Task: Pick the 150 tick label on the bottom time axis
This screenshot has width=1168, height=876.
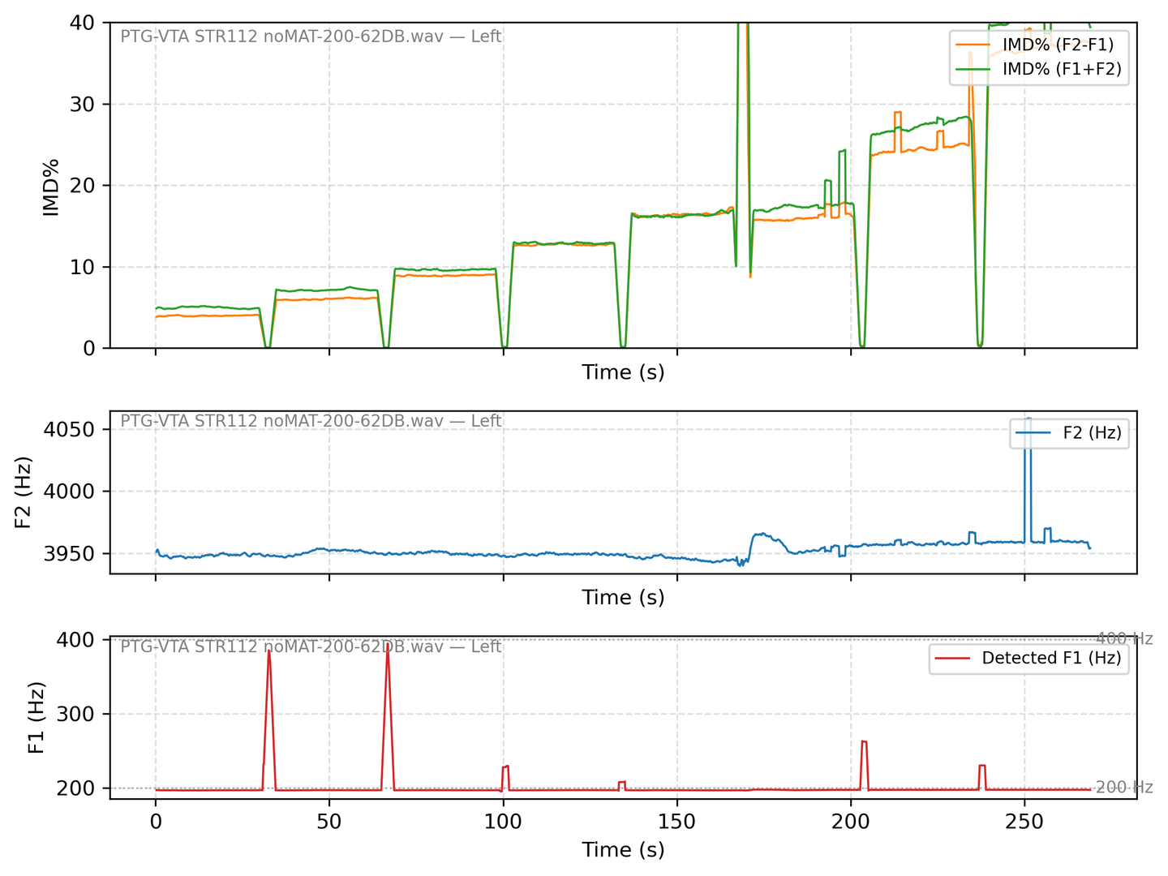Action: click(676, 821)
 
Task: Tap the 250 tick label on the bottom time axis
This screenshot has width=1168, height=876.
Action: click(1024, 821)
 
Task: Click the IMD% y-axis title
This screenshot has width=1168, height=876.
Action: click(51, 187)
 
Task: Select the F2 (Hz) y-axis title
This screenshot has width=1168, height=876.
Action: click(24, 493)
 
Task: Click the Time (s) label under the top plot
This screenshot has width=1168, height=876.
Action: click(623, 372)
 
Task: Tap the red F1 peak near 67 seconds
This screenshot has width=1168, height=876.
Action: click(388, 650)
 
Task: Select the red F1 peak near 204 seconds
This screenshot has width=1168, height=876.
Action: click(864, 741)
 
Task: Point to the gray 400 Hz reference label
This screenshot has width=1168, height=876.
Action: click(1124, 639)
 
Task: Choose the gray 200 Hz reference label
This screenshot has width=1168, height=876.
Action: click(1124, 787)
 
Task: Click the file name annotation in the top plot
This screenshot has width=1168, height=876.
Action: click(311, 36)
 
